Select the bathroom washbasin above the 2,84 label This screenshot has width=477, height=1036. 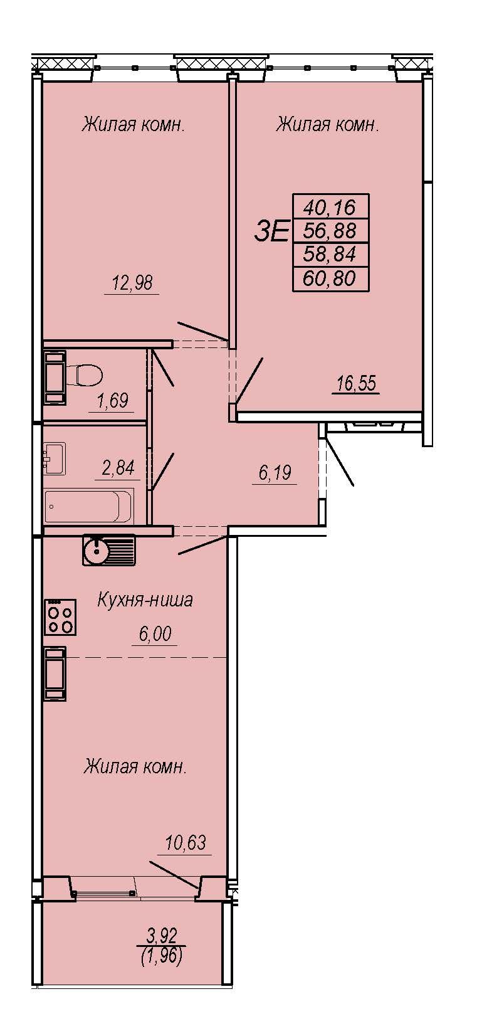55,458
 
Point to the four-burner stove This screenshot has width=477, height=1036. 60,617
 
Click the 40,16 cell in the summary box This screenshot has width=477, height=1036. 330,207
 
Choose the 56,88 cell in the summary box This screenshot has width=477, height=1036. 330,231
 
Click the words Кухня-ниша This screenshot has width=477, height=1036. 145,600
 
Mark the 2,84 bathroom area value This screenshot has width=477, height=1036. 118,468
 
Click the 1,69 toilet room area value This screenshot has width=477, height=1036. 113,401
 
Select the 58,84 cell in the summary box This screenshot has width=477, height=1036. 330,255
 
